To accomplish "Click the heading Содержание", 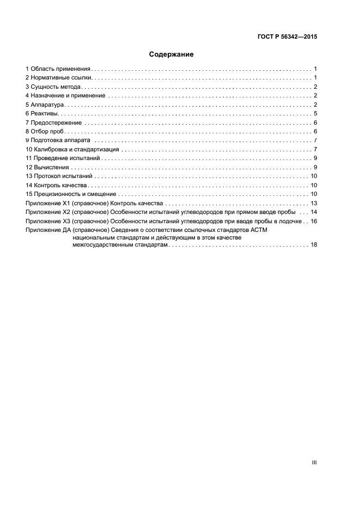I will [171, 54].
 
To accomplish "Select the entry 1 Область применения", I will [58, 69].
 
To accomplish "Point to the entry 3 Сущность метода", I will [53, 87].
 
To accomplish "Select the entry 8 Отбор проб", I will [46, 132].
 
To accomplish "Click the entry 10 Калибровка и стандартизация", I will [72, 149].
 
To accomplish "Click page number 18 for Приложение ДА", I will [313, 246].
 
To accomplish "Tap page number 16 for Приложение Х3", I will [313, 221].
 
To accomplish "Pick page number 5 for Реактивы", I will [315, 114].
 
